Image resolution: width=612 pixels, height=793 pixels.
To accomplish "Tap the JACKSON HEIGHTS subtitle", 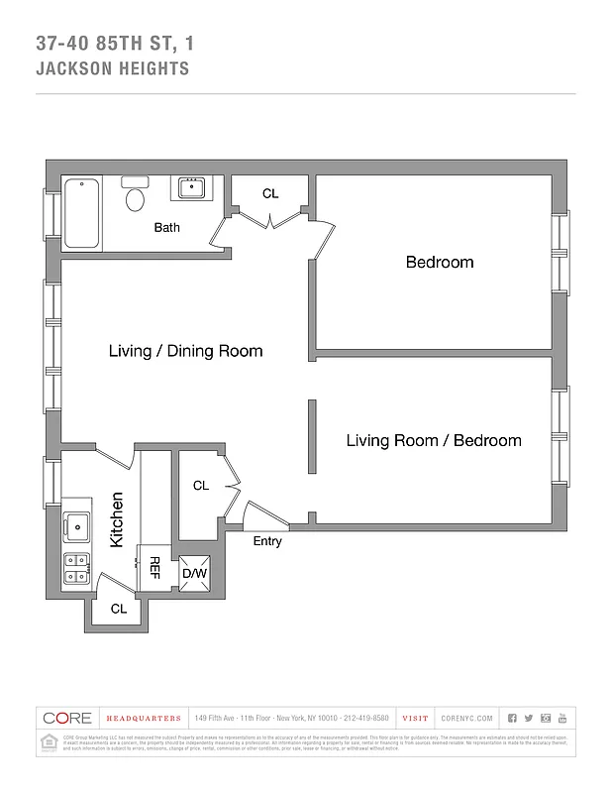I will tap(112, 69).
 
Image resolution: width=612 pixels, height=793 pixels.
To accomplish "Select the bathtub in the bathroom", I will tap(82, 213).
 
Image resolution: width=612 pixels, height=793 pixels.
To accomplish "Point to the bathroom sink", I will tap(190, 187).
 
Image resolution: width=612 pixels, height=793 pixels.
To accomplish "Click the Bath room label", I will tap(166, 228).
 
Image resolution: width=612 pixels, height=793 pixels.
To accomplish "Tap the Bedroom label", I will tap(440, 263).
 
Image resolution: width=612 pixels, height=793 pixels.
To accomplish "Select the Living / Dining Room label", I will tap(185, 351).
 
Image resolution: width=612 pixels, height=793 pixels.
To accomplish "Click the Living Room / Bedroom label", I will tap(433, 440).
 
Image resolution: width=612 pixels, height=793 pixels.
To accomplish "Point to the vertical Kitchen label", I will tap(117, 519).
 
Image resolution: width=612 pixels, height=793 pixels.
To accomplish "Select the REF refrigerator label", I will tap(154, 567).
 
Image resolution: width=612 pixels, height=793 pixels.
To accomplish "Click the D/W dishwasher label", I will tap(192, 573).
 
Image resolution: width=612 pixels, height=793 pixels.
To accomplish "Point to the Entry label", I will tap(267, 541).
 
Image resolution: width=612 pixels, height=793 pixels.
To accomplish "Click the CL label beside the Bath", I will tap(270, 194).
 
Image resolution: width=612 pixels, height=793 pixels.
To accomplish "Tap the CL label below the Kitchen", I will tap(119, 610).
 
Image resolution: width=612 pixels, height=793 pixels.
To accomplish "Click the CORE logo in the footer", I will tap(67, 718).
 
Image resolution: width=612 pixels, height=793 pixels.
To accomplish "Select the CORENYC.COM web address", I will tap(466, 718).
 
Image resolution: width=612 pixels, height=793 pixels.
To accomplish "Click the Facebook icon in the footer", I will tap(512, 718).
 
